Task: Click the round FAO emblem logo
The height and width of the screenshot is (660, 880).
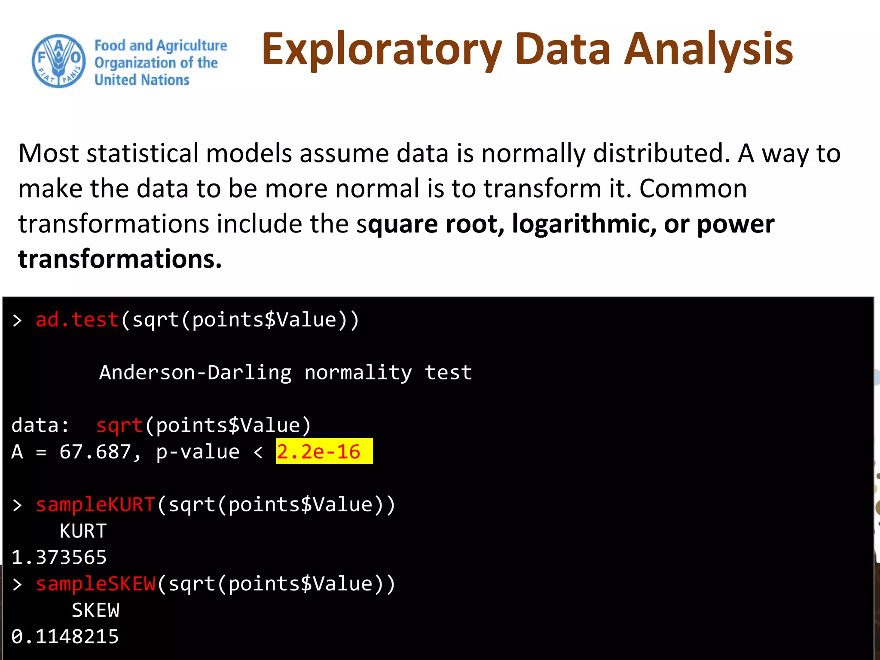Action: click(x=58, y=61)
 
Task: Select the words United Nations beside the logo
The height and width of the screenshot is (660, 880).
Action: click(x=142, y=80)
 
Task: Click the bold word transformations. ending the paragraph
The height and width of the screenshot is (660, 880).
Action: click(x=120, y=259)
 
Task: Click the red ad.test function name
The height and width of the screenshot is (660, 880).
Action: click(x=77, y=320)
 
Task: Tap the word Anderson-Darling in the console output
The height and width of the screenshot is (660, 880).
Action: click(x=196, y=373)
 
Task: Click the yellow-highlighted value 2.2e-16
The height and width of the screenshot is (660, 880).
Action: click(x=319, y=452)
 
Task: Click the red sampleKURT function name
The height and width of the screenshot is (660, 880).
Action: click(x=95, y=505)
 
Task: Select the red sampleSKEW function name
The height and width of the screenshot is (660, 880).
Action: click(x=95, y=584)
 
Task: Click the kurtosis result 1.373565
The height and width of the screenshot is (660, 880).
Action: click(x=59, y=558)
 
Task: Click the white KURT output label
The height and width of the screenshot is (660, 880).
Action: click(x=83, y=532)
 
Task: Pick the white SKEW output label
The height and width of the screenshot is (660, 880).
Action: click(x=95, y=611)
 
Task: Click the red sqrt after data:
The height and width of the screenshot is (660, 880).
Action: click(x=119, y=426)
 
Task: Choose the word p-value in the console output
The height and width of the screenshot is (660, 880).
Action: click(x=198, y=452)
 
